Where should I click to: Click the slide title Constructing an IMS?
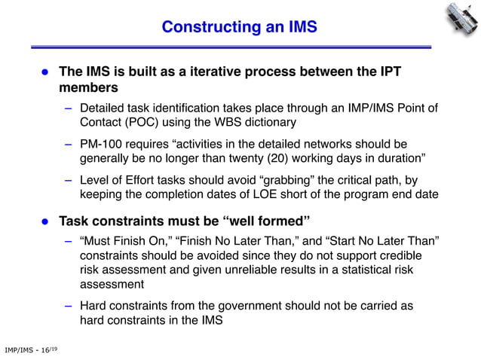point(240,28)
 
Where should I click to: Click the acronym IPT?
point(387,72)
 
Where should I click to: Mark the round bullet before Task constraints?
point(44,221)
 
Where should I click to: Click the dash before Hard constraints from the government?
point(68,306)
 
